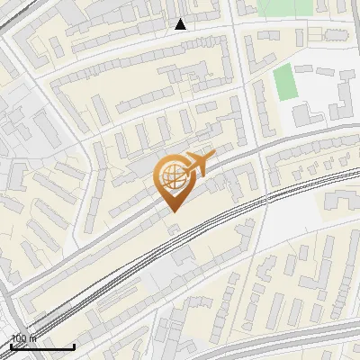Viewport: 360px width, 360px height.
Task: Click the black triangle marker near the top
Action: coord(181,24)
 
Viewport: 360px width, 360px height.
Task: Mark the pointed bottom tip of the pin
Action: coord(172,211)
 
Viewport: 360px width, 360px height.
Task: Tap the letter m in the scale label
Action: coord(32,338)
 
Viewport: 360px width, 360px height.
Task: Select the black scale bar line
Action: coord(42,346)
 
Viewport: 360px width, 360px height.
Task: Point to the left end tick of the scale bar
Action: coord(11,345)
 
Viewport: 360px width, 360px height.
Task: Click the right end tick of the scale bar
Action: coord(74,345)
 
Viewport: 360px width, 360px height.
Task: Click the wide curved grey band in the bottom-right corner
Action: coord(297,340)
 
